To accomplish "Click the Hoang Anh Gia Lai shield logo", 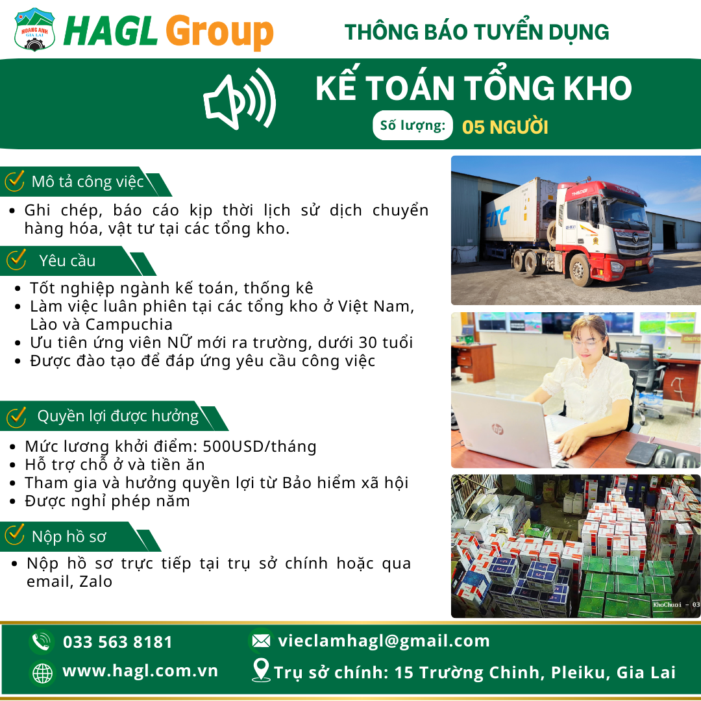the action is (35, 29).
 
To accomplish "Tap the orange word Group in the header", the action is (219, 32).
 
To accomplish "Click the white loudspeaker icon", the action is (240, 99).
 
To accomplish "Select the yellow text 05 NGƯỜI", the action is (505, 127).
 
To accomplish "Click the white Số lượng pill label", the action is (413, 125).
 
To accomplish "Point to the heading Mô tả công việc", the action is (88, 182).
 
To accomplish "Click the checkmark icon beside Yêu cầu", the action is (16, 259).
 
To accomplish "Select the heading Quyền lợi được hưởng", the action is (118, 416).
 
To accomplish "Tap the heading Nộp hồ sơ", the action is (69, 536).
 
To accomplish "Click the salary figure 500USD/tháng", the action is (259, 446).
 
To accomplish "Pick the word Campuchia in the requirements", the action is (129, 325).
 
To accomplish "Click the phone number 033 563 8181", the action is (117, 642).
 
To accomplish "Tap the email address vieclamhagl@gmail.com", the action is (384, 641).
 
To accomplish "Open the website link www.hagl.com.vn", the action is (140, 670).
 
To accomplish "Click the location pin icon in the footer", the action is (261, 670).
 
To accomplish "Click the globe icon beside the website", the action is (42, 673).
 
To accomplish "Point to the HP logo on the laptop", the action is (497, 429).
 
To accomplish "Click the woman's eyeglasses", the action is (586, 343).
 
